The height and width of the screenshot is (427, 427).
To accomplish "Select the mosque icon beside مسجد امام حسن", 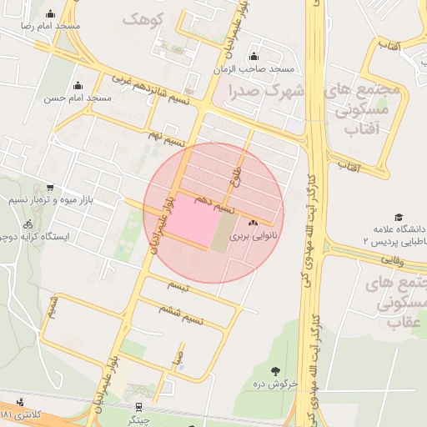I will [78, 85].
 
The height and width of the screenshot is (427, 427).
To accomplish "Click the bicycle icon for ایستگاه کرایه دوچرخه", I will [28, 224].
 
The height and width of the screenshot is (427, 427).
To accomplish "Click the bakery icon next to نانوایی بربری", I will [253, 223].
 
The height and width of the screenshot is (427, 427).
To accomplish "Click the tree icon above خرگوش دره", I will [275, 369].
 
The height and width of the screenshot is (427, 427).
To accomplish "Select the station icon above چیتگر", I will [138, 408].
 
